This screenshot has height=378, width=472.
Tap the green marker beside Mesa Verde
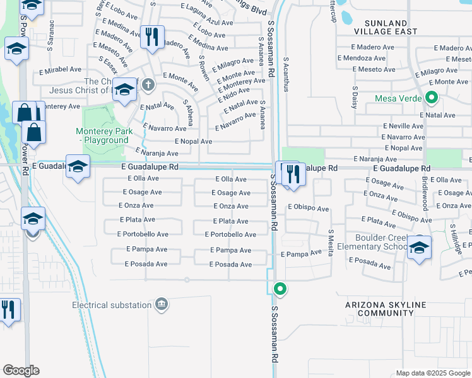click(x=432, y=98)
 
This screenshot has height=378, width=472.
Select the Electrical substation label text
click(x=112, y=305)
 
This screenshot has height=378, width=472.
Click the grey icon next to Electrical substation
click(x=162, y=305)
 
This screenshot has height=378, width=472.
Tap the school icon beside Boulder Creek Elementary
click(x=419, y=247)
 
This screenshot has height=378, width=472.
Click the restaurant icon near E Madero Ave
click(x=151, y=37)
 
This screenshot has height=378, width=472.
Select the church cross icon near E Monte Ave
click(x=148, y=84)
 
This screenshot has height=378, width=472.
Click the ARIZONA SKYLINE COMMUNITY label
click(x=385, y=309)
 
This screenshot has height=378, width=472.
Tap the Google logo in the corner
click(x=21, y=370)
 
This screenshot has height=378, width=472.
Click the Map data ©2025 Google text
click(x=432, y=373)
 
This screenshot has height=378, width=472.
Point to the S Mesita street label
click(x=330, y=239)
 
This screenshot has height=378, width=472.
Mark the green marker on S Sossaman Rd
click(x=280, y=289)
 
